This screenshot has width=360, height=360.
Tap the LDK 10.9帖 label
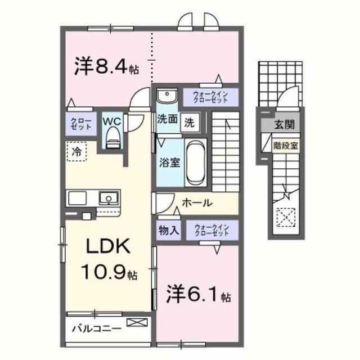click(109, 259)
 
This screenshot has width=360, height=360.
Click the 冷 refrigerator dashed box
click(77, 151)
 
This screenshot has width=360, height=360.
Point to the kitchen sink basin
click(107, 198)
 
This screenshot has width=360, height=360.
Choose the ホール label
click(196, 202)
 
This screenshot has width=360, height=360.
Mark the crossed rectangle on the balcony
click(137, 322)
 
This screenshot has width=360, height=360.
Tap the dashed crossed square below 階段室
click(286, 216)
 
